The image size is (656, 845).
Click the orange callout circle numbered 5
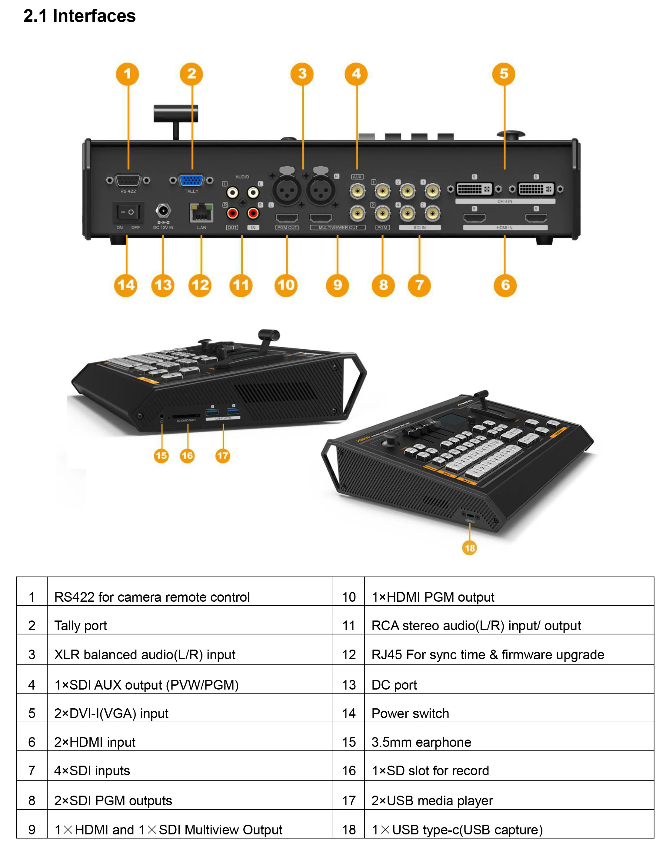click(504, 74)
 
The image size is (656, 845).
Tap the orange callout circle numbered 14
click(126, 285)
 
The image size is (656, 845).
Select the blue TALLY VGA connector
click(191, 180)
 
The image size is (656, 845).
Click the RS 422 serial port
click(128, 180)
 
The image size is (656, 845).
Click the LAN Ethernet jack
click(201, 213)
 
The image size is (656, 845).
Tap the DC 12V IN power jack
click(163, 211)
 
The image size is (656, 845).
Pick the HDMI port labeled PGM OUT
click(287, 218)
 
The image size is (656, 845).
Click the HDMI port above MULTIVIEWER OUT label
click(321, 218)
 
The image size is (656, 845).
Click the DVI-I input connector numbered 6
click(536, 189)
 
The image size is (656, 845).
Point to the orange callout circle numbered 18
click(469, 548)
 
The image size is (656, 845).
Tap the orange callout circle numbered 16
click(187, 455)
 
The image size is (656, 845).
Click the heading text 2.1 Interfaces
click(79, 16)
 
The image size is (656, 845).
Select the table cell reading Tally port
click(81, 626)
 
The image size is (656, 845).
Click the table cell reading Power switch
click(410, 714)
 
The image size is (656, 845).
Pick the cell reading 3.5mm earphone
click(421, 742)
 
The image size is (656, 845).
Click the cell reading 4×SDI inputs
click(92, 771)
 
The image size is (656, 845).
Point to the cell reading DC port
click(394, 685)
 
